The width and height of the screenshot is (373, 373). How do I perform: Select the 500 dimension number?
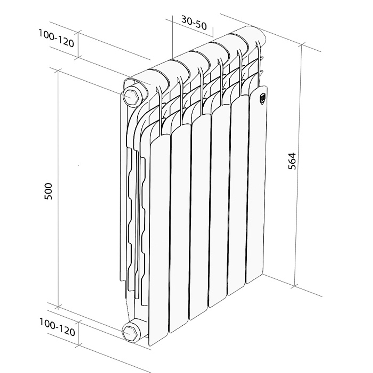pos(49,191)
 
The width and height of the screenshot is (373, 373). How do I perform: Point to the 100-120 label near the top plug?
pos(56,38)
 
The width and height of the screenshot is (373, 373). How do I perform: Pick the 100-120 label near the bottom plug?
pos(57,328)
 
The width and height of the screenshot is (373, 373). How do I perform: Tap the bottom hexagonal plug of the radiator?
pos(131,331)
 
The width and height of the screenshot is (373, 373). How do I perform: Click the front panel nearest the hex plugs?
pos(159,239)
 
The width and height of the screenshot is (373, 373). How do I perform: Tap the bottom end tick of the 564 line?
pos(295,286)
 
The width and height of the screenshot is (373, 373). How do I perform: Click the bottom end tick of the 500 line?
pos(58,307)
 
